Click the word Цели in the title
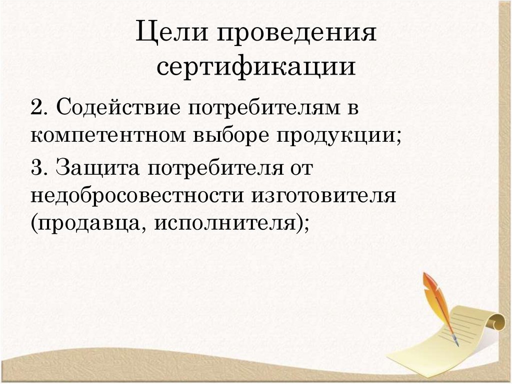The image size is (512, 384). click(169, 35)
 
